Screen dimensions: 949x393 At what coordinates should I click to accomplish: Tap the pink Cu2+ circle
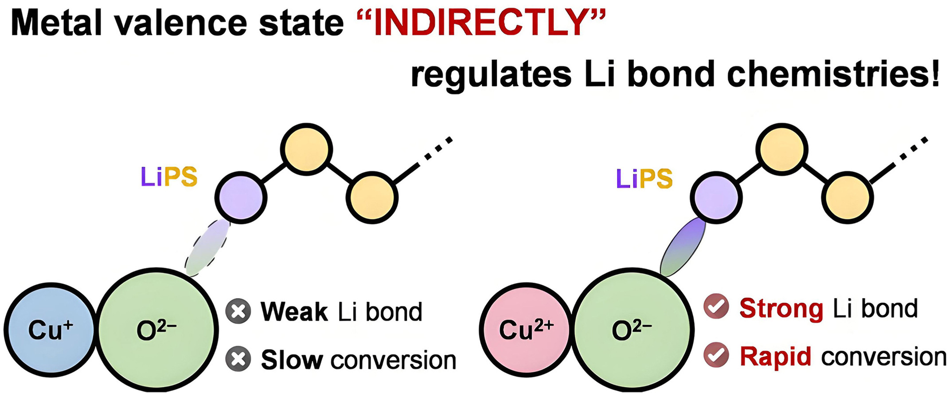click(526, 330)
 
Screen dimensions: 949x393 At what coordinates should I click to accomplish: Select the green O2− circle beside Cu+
click(157, 330)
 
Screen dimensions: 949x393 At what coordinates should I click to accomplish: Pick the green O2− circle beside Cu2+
click(633, 330)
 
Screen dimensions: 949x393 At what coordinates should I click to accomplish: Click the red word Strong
click(781, 308)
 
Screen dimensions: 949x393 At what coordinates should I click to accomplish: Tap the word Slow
click(292, 359)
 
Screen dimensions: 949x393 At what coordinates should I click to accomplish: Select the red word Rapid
click(776, 356)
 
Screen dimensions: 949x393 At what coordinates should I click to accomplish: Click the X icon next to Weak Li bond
click(238, 311)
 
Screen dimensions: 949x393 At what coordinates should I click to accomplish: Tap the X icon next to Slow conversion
click(238, 359)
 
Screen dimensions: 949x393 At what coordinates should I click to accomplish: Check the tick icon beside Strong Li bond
click(716, 307)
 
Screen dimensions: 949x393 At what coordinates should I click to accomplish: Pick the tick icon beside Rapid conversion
click(716, 355)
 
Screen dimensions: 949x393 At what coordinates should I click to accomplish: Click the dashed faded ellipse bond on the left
click(207, 248)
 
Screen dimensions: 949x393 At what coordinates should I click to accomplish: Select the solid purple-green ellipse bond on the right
click(683, 247)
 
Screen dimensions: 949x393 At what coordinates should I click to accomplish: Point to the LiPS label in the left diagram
click(169, 177)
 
